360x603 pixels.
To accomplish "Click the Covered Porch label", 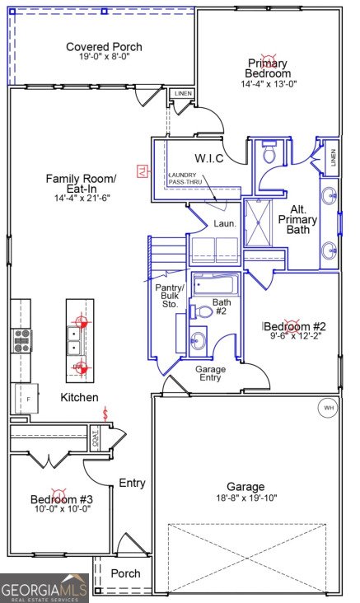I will click(104, 47).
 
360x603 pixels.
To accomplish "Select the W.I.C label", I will click(210, 157).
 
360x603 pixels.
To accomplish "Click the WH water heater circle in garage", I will click(328, 408).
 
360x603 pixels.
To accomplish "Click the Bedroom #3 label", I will click(62, 499).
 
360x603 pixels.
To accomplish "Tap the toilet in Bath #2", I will click(202, 312).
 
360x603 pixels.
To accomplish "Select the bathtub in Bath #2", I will click(217, 286).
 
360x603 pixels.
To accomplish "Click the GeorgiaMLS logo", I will click(44, 588).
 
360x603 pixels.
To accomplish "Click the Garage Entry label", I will click(211, 375).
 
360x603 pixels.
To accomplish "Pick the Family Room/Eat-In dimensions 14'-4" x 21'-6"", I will click(80, 198).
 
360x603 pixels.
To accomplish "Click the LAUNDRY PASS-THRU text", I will click(189, 179).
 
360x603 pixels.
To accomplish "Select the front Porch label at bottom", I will click(125, 573).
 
